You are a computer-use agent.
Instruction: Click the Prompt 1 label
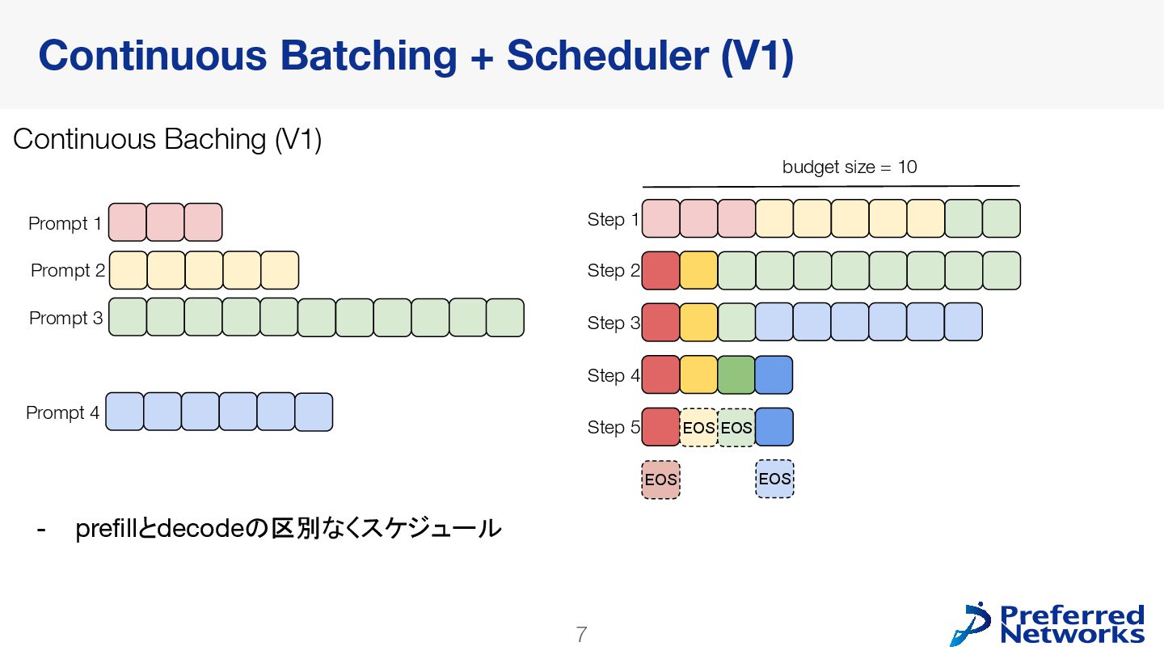pyautogui.click(x=65, y=223)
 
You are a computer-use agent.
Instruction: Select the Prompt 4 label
pyautogui.click(x=63, y=412)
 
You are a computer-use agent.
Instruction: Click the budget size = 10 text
pyautogui.click(x=849, y=167)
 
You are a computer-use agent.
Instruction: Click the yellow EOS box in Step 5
pyautogui.click(x=698, y=427)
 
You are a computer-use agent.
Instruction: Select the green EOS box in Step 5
pyautogui.click(x=736, y=427)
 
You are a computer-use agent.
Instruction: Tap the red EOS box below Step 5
pyautogui.click(x=660, y=480)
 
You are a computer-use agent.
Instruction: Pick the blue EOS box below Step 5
pyautogui.click(x=774, y=479)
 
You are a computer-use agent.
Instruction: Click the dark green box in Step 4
pyautogui.click(x=736, y=374)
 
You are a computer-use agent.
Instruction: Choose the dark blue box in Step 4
pyautogui.click(x=774, y=374)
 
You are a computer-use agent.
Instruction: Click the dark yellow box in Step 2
pyautogui.click(x=698, y=270)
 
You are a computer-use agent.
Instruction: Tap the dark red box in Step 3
pyautogui.click(x=660, y=322)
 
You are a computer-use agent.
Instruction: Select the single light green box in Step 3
pyautogui.click(x=736, y=322)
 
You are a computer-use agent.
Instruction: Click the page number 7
pyautogui.click(x=580, y=635)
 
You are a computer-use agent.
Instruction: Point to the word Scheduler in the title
pyautogui.click(x=605, y=56)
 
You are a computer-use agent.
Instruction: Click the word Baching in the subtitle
pyautogui.click(x=214, y=140)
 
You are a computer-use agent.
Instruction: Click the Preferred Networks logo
pyautogui.click(x=1048, y=624)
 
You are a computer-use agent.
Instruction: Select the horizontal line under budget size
pyautogui.click(x=831, y=186)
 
